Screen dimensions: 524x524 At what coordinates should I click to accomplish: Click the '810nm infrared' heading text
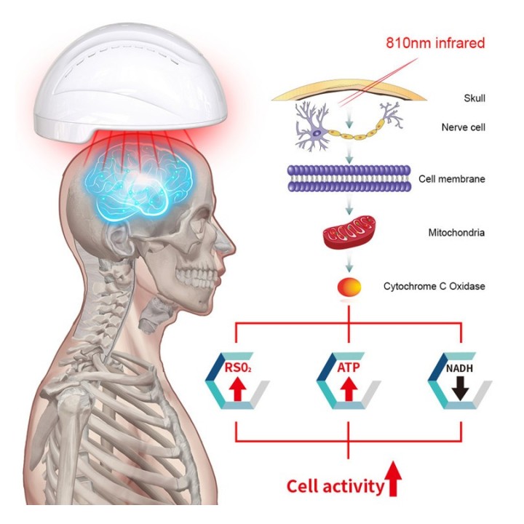[x=435, y=44]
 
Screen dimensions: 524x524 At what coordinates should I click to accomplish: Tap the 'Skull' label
[x=475, y=98]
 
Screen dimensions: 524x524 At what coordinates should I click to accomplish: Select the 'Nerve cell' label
[x=463, y=127]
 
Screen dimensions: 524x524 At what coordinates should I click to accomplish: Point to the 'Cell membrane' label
[x=452, y=179]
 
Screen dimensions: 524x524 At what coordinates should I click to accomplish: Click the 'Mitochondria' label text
[x=456, y=233]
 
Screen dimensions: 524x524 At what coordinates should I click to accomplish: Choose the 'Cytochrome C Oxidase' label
[x=434, y=287]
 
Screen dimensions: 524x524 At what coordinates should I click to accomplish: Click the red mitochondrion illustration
[x=349, y=232]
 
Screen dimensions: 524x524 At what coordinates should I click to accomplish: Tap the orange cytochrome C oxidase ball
[x=349, y=287]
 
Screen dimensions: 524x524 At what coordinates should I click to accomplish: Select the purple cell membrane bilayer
[x=349, y=178]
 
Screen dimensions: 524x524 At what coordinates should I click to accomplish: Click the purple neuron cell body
[x=317, y=132]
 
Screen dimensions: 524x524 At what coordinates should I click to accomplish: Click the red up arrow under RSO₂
[x=237, y=389]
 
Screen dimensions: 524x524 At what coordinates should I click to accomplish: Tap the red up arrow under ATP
[x=349, y=389]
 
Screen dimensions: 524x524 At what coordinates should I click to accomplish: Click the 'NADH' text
[x=459, y=368]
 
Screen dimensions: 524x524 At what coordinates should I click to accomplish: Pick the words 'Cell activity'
[x=336, y=487]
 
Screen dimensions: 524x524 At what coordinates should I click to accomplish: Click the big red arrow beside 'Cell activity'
[x=393, y=479]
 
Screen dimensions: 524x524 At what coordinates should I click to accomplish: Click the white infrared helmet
[x=130, y=84]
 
